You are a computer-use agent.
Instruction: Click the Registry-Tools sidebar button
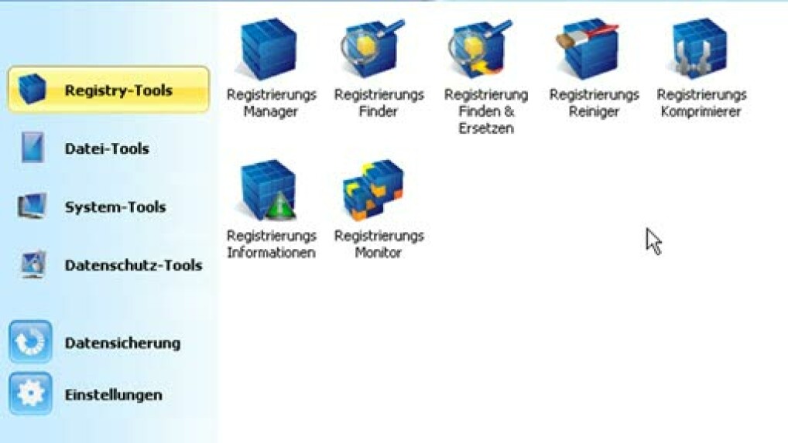pyautogui.click(x=108, y=90)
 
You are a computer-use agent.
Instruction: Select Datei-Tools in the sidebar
pyautogui.click(x=107, y=148)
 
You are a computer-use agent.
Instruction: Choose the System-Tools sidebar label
pyautogui.click(x=115, y=206)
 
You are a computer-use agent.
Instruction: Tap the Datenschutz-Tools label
pyautogui.click(x=134, y=265)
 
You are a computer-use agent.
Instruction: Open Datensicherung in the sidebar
pyautogui.click(x=122, y=343)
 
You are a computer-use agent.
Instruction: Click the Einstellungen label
pyautogui.click(x=114, y=395)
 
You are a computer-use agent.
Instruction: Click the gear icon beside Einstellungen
pyautogui.click(x=30, y=394)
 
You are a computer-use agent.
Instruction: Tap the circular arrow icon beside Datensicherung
pyautogui.click(x=30, y=342)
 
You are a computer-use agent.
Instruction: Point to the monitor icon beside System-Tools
pyautogui.click(x=33, y=206)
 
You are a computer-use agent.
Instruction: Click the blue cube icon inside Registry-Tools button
pyautogui.click(x=33, y=89)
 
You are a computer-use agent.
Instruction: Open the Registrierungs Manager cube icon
pyautogui.click(x=269, y=49)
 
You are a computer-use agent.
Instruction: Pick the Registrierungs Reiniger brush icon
pyautogui.click(x=588, y=49)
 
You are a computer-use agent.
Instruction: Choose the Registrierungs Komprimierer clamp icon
pyautogui.click(x=699, y=49)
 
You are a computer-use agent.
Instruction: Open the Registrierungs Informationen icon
pyautogui.click(x=269, y=190)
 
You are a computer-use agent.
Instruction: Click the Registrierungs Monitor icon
pyautogui.click(x=373, y=190)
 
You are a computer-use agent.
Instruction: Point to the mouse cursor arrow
pyautogui.click(x=654, y=242)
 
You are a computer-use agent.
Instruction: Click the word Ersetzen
pyautogui.click(x=486, y=128)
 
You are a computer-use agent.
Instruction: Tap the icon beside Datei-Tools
pyautogui.click(x=33, y=148)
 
